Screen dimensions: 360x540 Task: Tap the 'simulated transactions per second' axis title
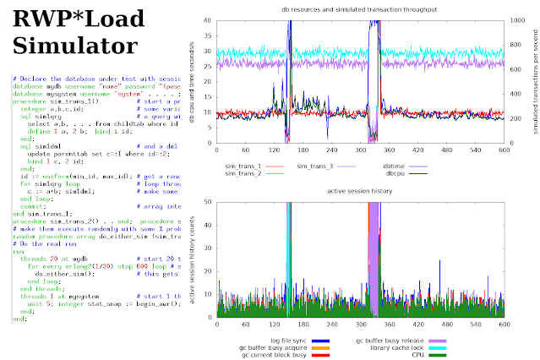(535, 85)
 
